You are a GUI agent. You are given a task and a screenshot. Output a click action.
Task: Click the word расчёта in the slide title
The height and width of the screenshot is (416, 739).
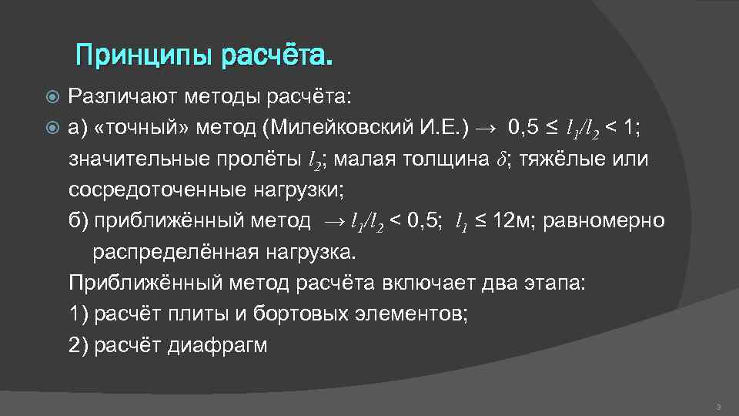click(x=278, y=55)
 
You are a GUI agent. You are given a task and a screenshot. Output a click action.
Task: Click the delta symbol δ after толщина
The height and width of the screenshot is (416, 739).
click(x=502, y=160)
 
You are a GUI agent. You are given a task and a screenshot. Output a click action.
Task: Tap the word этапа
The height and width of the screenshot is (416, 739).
click(x=553, y=283)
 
